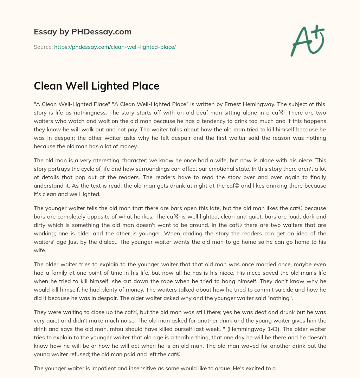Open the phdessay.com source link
tap(115, 47)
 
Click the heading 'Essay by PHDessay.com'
tap(83, 32)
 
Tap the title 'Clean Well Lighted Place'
tap(96, 86)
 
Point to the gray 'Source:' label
tap(43, 47)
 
